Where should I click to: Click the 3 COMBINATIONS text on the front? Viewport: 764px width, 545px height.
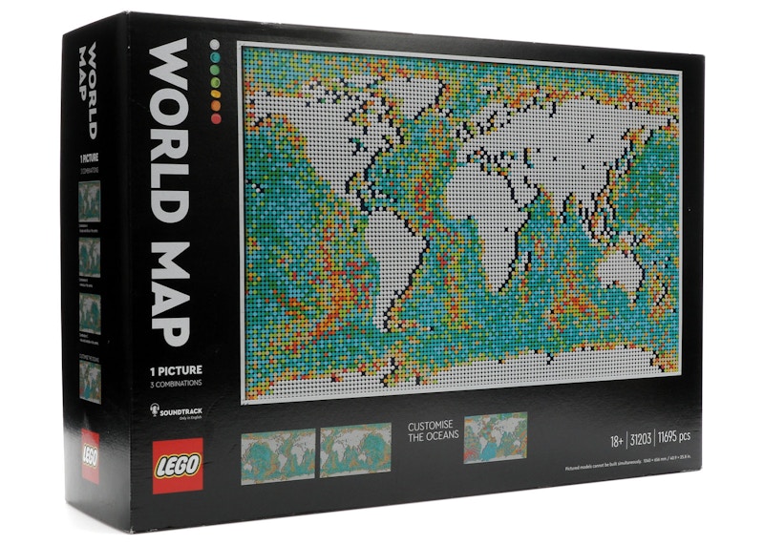tap(176, 384)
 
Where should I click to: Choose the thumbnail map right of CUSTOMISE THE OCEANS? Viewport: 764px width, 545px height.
tap(495, 436)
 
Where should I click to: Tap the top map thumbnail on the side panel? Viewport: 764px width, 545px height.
tap(90, 200)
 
